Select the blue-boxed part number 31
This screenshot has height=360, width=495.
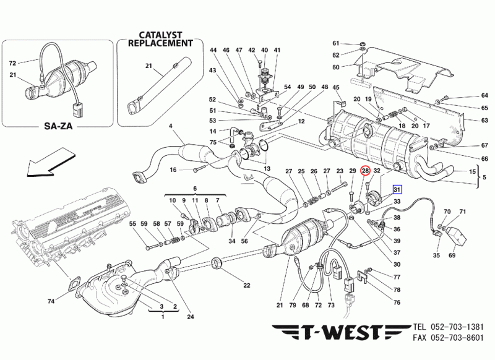pos(396,190)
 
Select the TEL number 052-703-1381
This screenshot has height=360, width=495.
pos(454,326)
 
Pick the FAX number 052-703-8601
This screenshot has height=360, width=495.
pos(454,338)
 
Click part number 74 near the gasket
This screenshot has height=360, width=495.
pos(51,301)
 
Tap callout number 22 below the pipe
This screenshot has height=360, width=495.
pos(246,285)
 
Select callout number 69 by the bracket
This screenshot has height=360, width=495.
pos(452,255)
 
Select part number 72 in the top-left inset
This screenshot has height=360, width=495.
pos(12,62)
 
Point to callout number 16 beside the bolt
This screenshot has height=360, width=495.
pos(174,169)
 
